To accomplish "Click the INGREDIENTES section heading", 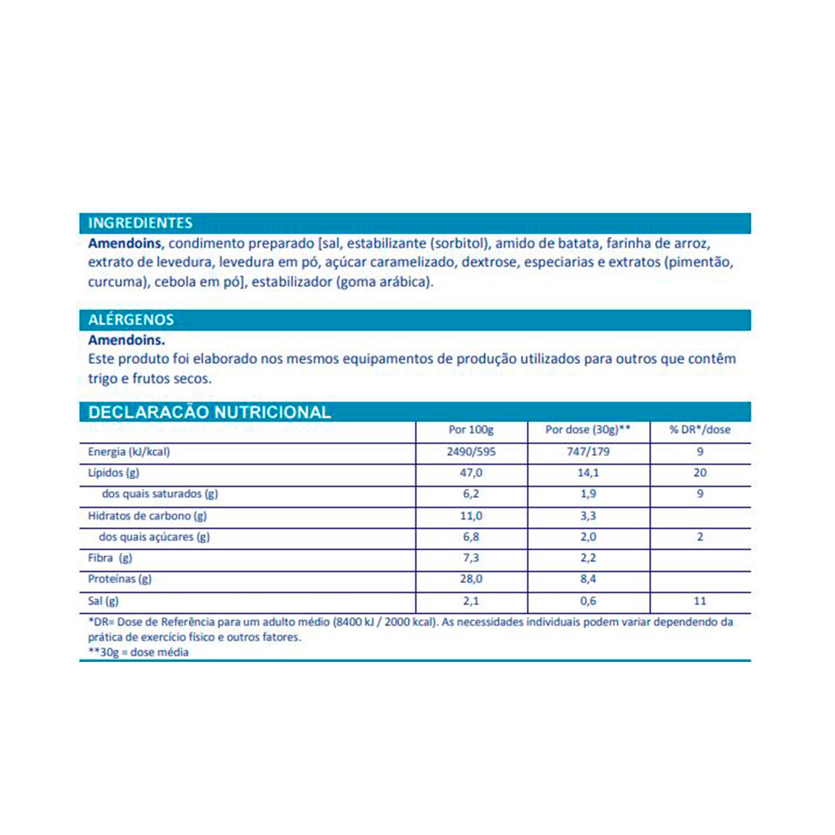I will pos(140,223).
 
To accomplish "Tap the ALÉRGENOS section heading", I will pos(131,320).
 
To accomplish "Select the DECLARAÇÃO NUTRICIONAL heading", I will pos(210,412).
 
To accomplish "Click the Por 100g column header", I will pos(471,430).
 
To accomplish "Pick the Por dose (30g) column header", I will pos(588,430).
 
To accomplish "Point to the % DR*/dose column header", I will pos(700,430).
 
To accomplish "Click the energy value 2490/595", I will pos(471,451).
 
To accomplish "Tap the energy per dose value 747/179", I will pos(588,451).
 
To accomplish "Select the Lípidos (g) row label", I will pos(114,473).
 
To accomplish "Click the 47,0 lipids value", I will pos(471,473).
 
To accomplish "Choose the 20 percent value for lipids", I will pos(700,473).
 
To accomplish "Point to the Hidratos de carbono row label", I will pos(147,516).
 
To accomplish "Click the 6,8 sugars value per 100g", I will pos(471,537).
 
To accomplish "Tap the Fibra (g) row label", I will pos(110,558).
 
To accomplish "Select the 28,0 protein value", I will pos(471,579).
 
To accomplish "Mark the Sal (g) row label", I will pos(103,601).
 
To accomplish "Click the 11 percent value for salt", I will pos(700,601).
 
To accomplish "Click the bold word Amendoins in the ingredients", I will pos(124,243).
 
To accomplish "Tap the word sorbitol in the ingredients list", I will pos(458,243).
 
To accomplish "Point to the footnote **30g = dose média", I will pos(138,652).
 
